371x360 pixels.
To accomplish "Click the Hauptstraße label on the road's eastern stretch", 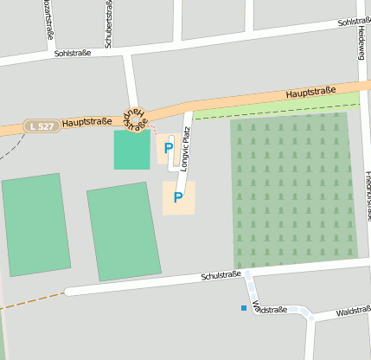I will point(310,90).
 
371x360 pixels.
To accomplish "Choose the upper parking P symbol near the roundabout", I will point(168,148).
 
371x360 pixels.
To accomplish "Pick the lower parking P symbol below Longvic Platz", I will point(178,198).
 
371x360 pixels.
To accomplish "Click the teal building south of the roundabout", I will point(131,150).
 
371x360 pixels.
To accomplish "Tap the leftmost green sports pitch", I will point(35,224).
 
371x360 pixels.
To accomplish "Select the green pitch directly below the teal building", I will point(124,231).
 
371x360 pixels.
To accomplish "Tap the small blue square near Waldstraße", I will point(244,307).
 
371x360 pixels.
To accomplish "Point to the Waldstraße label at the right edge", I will point(354,310).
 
